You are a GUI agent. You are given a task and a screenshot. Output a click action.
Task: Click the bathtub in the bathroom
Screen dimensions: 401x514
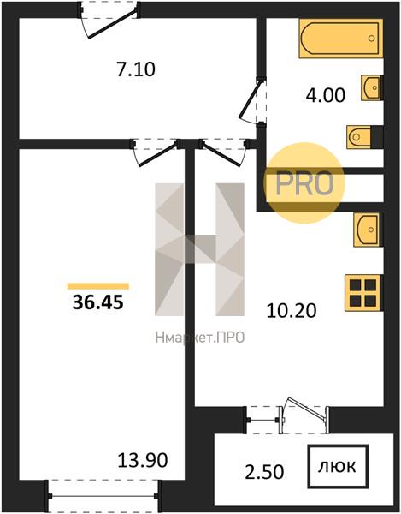[x=341, y=39]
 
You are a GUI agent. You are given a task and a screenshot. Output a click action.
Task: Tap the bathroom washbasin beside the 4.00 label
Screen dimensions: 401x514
[x=372, y=87]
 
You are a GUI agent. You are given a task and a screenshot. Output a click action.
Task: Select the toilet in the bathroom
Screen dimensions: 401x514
[x=359, y=137]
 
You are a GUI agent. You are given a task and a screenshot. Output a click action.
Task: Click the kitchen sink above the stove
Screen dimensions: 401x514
[x=367, y=230]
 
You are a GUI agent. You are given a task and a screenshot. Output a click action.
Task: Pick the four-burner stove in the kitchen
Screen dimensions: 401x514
[x=363, y=293]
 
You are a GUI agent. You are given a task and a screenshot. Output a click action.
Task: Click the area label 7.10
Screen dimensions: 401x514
[x=136, y=70]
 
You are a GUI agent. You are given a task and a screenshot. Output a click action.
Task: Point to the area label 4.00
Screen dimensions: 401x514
[x=326, y=95]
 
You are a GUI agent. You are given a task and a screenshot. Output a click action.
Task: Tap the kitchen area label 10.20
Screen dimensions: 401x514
[x=292, y=311]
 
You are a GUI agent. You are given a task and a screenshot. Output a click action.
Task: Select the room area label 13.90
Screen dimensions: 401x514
[x=143, y=460]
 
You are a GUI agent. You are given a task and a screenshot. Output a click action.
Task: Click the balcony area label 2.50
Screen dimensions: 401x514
[x=264, y=472]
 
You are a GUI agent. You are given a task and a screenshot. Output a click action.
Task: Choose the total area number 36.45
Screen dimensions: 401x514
[x=98, y=302]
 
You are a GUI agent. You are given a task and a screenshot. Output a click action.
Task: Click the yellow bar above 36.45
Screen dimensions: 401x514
[x=98, y=286]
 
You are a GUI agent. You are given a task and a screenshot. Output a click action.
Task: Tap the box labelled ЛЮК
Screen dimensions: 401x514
[x=338, y=466]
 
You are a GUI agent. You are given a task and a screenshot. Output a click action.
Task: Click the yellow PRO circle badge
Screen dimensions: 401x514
[x=304, y=183]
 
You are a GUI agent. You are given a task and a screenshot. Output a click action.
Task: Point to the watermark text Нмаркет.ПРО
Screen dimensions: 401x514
[x=200, y=338]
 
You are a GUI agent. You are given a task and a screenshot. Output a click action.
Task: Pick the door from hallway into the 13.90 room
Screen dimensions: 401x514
[x=156, y=152]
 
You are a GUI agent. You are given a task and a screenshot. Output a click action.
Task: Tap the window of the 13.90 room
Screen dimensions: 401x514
[x=103, y=496]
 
